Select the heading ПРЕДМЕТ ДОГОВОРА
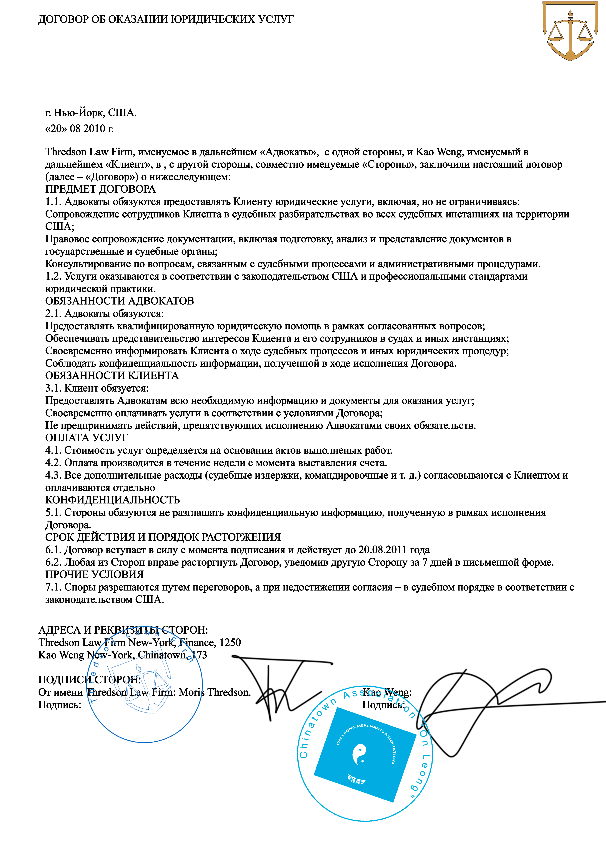(100, 189)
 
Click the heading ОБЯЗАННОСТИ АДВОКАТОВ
(119, 301)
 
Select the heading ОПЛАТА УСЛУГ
(87, 438)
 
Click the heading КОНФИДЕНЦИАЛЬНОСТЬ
(112, 500)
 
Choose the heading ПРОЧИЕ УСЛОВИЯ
(94, 575)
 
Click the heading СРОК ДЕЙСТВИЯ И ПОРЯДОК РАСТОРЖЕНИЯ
(163, 537)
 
